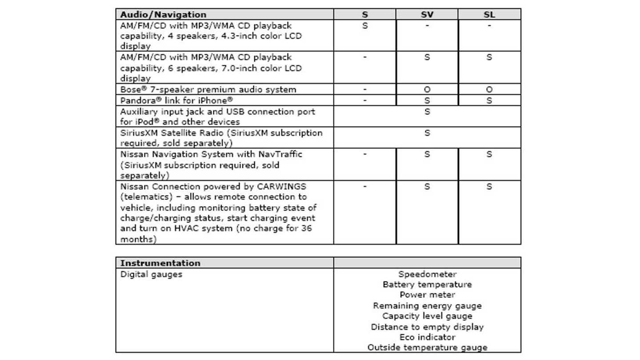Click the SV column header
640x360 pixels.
(x=427, y=15)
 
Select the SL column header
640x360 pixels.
(x=489, y=15)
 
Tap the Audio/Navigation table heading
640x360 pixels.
(x=163, y=15)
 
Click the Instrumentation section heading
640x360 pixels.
(x=160, y=263)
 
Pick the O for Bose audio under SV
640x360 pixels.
(x=427, y=90)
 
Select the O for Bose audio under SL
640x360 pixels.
(x=489, y=90)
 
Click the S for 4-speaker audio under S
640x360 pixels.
(x=365, y=26)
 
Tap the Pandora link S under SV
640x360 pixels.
(x=427, y=100)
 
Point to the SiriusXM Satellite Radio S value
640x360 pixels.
(x=427, y=133)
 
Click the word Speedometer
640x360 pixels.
(x=427, y=274)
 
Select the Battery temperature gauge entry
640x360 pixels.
(x=427, y=284)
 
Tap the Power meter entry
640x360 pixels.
(x=427, y=295)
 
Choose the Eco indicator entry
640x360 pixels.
(x=427, y=337)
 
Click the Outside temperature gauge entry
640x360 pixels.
(x=427, y=348)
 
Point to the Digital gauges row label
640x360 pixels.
(x=151, y=274)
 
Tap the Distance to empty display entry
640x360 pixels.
(x=427, y=327)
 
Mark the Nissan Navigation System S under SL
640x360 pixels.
(x=489, y=154)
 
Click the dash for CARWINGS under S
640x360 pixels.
(x=365, y=187)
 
